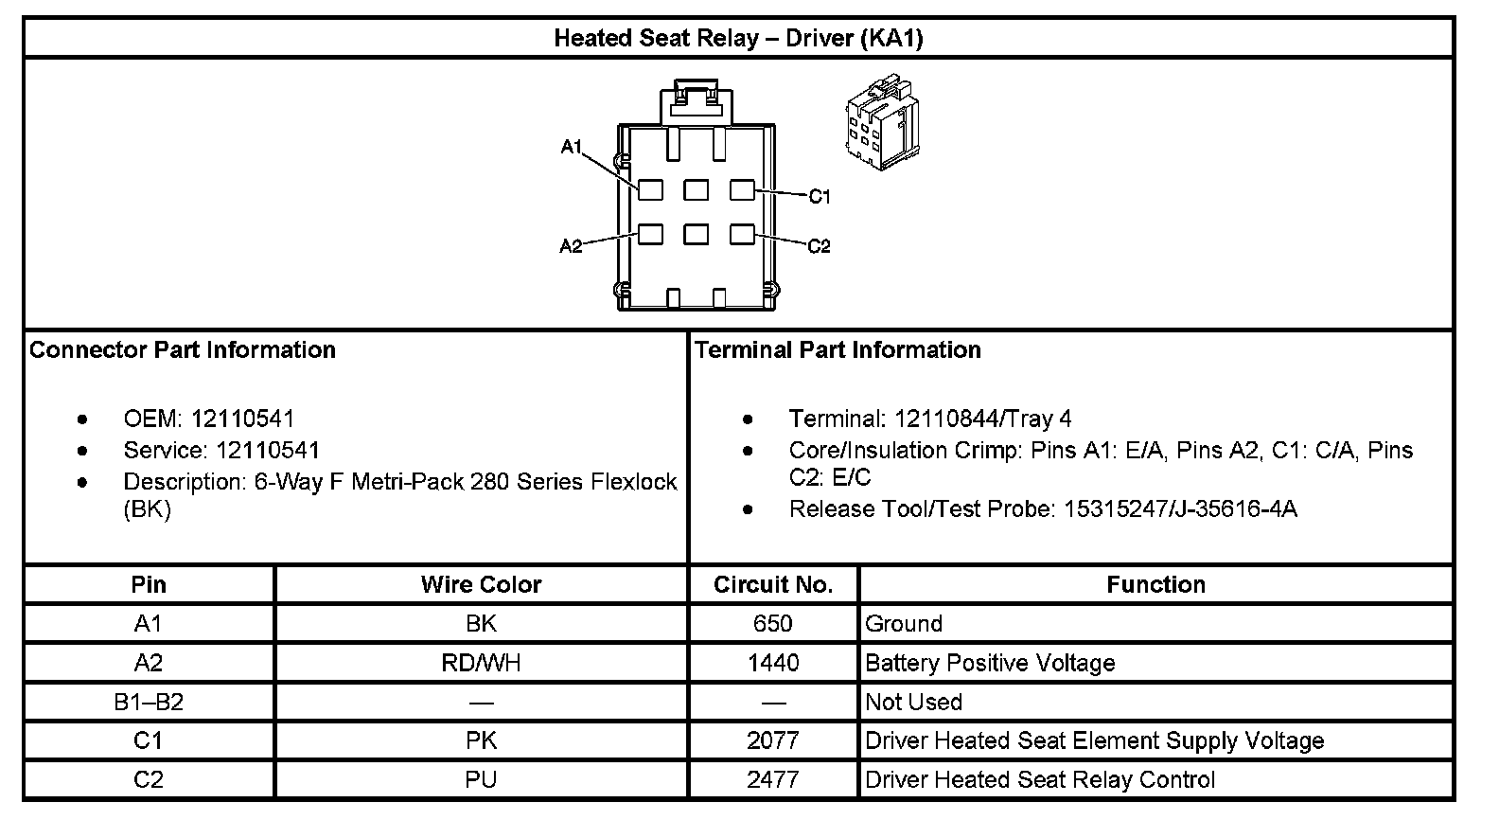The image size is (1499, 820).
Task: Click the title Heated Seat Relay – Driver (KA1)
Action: pyautogui.click(x=738, y=39)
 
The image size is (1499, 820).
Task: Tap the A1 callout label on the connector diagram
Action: pyautogui.click(x=571, y=147)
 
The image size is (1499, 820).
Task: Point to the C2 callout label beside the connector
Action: pyautogui.click(x=819, y=246)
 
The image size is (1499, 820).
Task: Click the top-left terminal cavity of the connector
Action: pyautogui.click(x=650, y=190)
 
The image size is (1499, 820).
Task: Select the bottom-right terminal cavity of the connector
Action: pyautogui.click(x=742, y=233)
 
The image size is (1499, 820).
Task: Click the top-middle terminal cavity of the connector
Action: pyautogui.click(x=697, y=190)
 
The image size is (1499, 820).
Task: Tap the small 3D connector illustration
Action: pyautogui.click(x=881, y=123)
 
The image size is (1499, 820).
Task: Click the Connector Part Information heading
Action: pyautogui.click(x=183, y=350)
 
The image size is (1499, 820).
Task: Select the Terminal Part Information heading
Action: pyautogui.click(x=838, y=350)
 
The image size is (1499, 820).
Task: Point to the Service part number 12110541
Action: pyautogui.click(x=268, y=450)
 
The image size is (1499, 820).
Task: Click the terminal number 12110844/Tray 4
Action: pyautogui.click(x=982, y=419)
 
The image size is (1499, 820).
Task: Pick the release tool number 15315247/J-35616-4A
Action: pyautogui.click(x=1180, y=509)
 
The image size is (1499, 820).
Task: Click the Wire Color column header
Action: pyautogui.click(x=481, y=585)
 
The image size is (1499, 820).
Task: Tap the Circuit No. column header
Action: pyautogui.click(x=773, y=585)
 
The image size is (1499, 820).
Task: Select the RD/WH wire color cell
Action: pyautogui.click(x=481, y=663)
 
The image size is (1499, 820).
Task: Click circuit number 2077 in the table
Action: pyautogui.click(x=773, y=740)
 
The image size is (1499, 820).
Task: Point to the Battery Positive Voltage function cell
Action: pyautogui.click(x=990, y=663)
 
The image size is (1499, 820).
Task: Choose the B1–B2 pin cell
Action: pyautogui.click(x=149, y=702)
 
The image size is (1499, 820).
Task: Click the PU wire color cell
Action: pyautogui.click(x=481, y=779)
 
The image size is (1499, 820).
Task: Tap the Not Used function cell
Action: pyautogui.click(x=913, y=702)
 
